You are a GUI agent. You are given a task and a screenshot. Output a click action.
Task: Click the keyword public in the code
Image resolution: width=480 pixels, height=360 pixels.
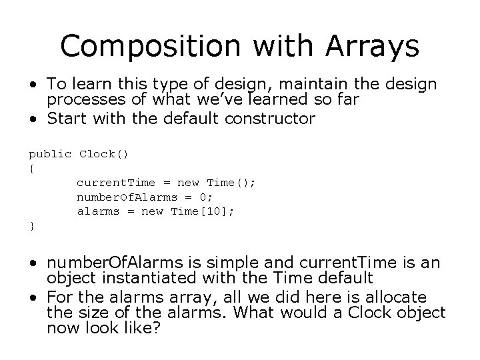[50, 153]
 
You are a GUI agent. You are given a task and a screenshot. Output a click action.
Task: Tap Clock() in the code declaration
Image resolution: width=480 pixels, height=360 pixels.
[103, 153]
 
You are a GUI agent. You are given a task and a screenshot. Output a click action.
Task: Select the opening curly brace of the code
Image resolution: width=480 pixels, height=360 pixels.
[31, 168]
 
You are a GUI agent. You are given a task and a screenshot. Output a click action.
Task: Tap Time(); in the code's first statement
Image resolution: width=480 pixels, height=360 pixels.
[231, 183]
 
